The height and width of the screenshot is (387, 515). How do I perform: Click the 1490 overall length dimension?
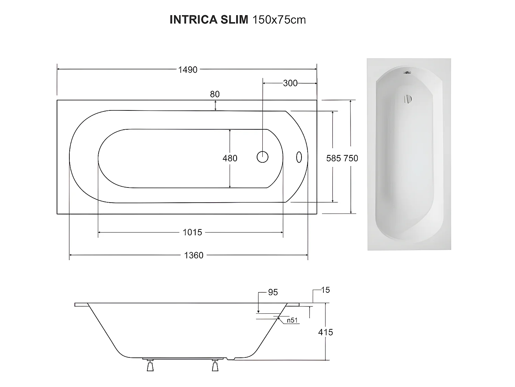click(x=188, y=70)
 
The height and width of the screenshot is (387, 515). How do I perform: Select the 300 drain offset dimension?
click(x=290, y=83)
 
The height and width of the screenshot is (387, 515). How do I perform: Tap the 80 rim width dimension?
click(x=215, y=94)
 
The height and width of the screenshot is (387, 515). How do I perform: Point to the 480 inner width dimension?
click(x=230, y=158)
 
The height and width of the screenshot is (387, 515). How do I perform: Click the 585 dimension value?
click(x=333, y=158)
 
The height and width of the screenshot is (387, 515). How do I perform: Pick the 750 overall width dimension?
click(x=351, y=158)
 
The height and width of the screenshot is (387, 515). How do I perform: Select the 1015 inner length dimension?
click(x=192, y=233)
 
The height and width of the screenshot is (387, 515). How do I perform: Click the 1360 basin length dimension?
click(x=194, y=255)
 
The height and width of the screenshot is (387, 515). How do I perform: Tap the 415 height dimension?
click(x=325, y=332)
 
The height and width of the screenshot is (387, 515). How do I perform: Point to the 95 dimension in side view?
click(x=273, y=292)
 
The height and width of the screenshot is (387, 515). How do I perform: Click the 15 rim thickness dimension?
click(x=325, y=290)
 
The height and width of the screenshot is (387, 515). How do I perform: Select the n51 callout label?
click(x=292, y=320)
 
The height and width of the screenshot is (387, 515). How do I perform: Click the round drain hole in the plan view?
click(x=263, y=157)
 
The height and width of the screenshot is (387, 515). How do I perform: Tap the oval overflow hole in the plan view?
click(x=299, y=157)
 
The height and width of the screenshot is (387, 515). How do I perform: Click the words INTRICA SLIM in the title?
click(x=209, y=20)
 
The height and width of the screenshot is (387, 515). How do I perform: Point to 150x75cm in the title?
click(x=279, y=20)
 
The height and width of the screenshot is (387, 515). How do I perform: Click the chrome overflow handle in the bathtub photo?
click(x=407, y=99)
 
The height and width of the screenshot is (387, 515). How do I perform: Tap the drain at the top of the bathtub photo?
click(x=407, y=73)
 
